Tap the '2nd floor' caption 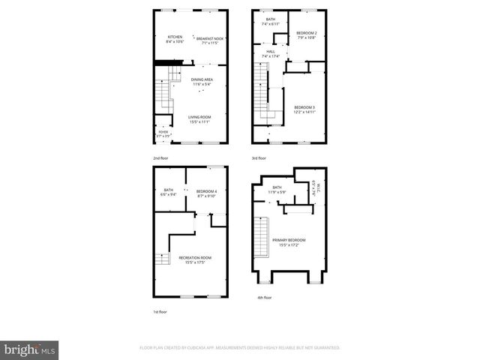pos(160,159)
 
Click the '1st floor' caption pos(160,313)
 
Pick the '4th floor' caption pos(263,298)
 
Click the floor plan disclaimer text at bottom pos(239,348)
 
